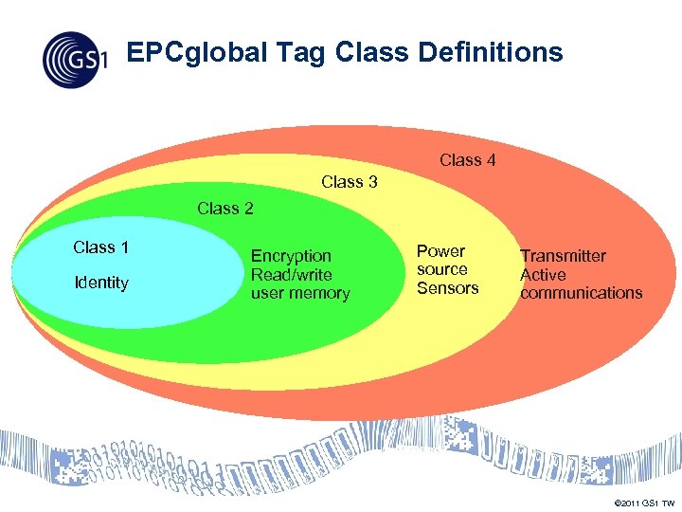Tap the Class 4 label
click(x=467, y=160)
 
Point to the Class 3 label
click(x=350, y=182)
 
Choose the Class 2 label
click(x=224, y=209)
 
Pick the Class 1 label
click(x=100, y=247)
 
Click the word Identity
click(x=100, y=283)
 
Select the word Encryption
click(x=291, y=256)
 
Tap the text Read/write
click(x=291, y=275)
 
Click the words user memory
click(x=300, y=294)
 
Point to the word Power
click(x=440, y=251)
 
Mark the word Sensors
click(x=447, y=288)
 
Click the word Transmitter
click(x=563, y=256)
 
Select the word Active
click(x=543, y=275)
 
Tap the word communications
click(x=581, y=293)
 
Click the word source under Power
click(x=441, y=269)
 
